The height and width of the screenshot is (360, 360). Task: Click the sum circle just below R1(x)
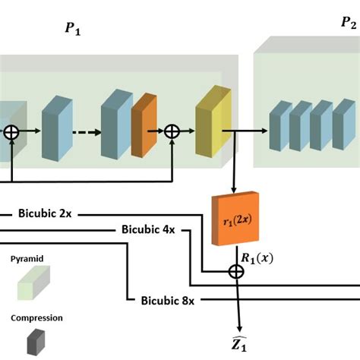click(236, 271)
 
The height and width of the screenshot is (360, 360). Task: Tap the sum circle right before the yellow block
click(173, 132)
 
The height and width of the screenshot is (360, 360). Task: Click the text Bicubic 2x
click(46, 214)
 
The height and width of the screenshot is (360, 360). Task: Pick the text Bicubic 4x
click(148, 229)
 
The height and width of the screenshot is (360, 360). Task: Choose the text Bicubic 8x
click(168, 300)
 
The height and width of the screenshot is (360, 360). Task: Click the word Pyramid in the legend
click(27, 259)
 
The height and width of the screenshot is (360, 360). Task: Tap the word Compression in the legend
click(36, 318)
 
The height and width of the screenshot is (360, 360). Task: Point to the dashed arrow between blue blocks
click(85, 131)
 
